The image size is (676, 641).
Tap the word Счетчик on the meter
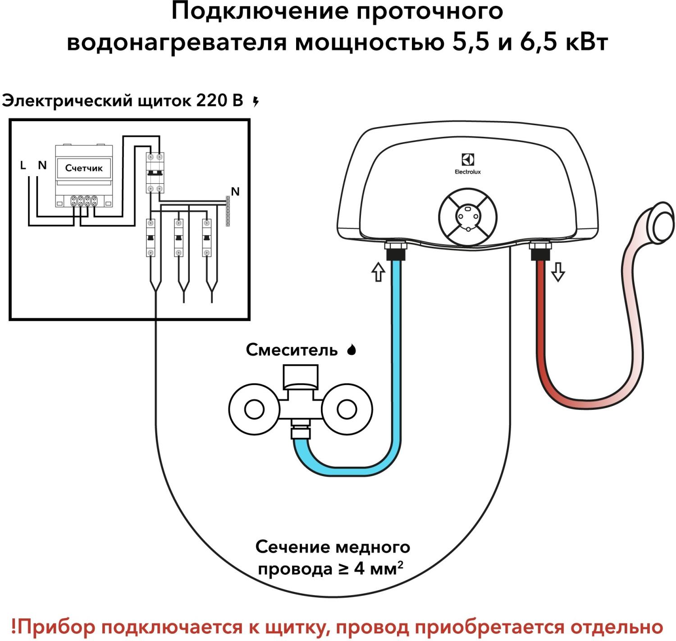(84, 168)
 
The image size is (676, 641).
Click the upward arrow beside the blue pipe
(378, 272)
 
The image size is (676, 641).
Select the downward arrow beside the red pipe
(558, 272)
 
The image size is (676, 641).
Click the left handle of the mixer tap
(254, 409)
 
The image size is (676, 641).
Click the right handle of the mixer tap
(347, 409)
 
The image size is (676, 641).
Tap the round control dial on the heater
(468, 217)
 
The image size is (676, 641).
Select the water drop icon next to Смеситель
(352, 350)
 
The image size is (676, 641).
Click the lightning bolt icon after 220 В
(256, 101)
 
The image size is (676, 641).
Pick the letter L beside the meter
(23, 165)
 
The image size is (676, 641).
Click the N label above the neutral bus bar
(235, 191)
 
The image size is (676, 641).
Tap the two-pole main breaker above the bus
(155, 173)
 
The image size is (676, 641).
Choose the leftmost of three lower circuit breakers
(151, 237)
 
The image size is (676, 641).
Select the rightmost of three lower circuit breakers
(207, 237)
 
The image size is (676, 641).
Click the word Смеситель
(292, 350)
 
